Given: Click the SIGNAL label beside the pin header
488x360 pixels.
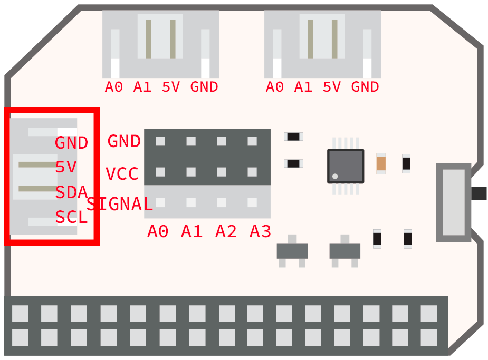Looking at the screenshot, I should (120, 204).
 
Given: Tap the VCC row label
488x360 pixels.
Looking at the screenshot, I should (122, 174).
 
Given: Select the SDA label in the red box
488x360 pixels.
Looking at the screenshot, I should (71, 193).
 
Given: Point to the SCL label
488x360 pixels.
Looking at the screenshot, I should (71, 217).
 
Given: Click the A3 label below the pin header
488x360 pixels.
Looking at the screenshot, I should (261, 231).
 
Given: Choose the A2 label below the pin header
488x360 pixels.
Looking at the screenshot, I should (226, 231).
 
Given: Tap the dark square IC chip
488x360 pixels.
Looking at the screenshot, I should (346, 166).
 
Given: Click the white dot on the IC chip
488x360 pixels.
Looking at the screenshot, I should (334, 176).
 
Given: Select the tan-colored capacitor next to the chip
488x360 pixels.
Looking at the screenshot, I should (381, 163).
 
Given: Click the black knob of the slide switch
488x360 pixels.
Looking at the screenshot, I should (479, 193).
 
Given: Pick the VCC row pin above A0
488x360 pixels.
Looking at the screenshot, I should (160, 172).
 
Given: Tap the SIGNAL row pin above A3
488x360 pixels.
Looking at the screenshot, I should (252, 202).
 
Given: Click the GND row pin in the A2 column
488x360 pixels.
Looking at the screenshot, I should (222, 141).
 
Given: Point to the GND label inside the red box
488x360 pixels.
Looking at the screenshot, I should (71, 143).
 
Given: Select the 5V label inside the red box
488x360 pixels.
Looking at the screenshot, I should (66, 168).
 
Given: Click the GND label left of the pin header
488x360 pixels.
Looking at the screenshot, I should (124, 141).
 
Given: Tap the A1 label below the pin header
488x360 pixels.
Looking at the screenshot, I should (192, 231).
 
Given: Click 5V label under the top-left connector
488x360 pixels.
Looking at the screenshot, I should (171, 87).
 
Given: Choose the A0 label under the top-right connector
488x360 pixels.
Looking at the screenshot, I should (275, 87).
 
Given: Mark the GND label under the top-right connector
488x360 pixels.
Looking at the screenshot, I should (365, 87).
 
